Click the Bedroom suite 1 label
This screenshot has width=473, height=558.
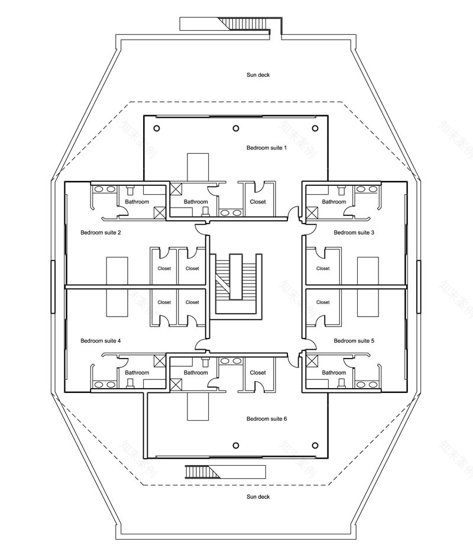coord(266,147)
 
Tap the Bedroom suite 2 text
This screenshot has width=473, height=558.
coord(101,233)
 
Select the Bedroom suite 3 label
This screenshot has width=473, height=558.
coord(354,233)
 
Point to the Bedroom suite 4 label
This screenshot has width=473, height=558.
coord(101,341)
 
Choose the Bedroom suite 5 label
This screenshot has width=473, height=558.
coord(354,341)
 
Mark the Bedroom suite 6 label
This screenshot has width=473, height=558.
coord(266,419)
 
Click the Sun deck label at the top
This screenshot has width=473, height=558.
coord(258,75)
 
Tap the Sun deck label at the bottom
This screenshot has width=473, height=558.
coord(258,497)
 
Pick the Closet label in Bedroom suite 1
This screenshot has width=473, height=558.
coord(258,202)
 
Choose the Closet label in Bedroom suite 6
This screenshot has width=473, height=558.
coord(258,373)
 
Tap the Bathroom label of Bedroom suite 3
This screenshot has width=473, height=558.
coord(334,202)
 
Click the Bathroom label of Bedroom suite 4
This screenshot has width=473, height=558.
coord(137,373)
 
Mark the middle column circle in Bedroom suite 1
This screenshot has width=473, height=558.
coord(236,128)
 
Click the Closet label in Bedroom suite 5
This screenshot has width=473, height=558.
coord(323,302)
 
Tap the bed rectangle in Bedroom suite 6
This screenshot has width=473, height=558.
coord(198,407)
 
